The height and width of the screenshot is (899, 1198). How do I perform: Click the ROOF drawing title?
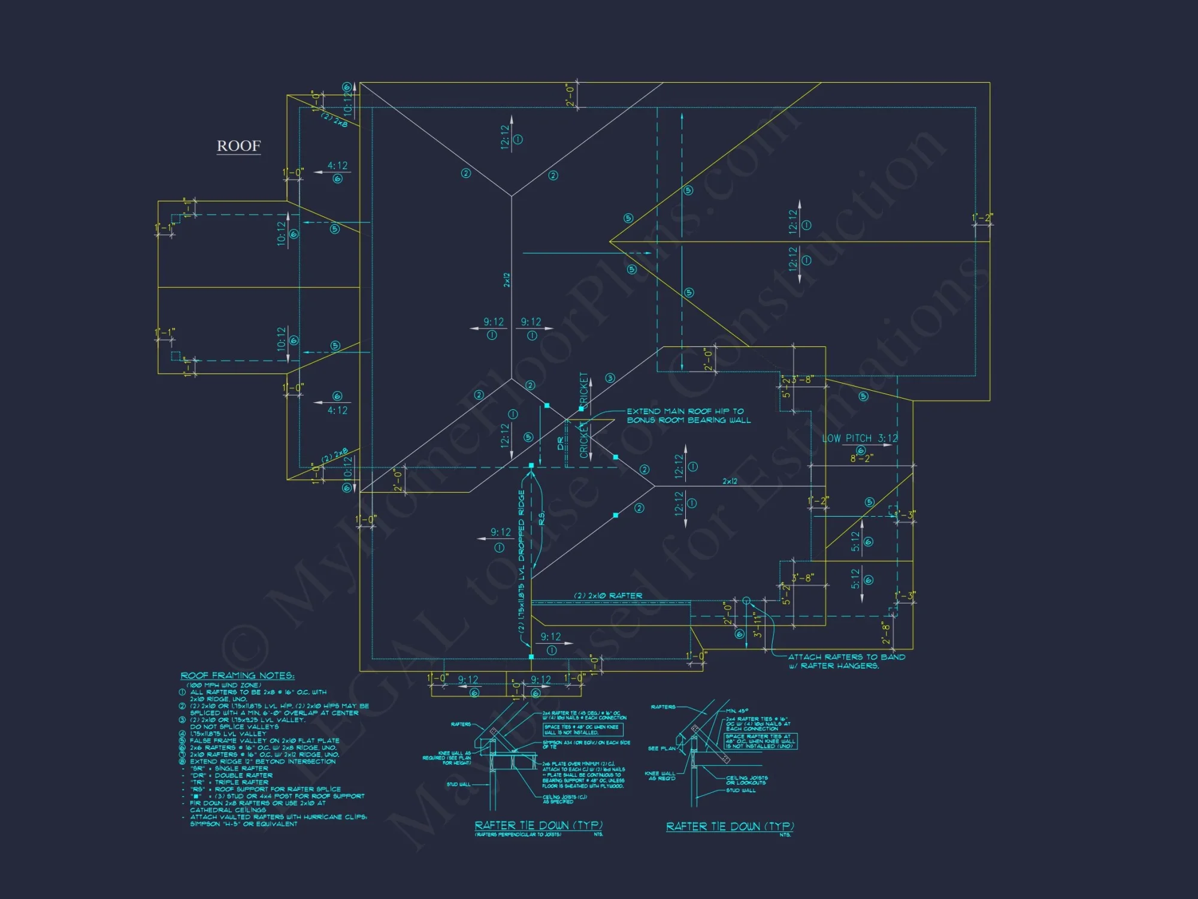238,146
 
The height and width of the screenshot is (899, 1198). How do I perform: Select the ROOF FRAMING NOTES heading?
237,676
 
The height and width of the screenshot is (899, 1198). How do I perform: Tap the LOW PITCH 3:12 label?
860,438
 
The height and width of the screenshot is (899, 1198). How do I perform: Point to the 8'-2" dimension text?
861,458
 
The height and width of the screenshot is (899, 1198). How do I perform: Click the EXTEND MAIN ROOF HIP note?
688,416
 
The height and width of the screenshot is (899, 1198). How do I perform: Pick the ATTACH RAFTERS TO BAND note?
846,661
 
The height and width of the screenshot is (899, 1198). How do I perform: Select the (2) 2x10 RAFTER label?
608,596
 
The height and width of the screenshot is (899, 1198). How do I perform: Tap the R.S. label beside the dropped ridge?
541,518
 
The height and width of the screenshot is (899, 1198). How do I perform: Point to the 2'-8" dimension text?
885,633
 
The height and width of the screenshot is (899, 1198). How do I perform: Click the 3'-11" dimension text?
757,625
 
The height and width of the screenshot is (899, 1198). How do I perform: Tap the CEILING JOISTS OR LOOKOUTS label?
746,780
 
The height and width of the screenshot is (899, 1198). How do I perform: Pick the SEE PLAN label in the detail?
661,749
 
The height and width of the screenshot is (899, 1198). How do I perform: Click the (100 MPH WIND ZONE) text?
223,685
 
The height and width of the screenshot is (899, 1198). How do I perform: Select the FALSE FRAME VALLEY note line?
264,741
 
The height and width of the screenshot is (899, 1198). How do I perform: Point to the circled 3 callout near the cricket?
610,378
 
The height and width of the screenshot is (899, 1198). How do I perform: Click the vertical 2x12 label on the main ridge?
507,280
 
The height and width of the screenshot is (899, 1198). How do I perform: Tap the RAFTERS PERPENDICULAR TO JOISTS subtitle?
518,834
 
